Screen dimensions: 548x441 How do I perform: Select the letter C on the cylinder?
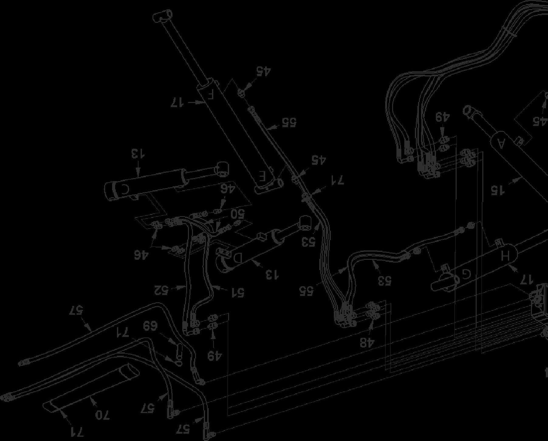(x=125, y=189)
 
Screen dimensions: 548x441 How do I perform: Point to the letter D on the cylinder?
(x=238, y=258)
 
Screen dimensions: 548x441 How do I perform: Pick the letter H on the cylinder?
(x=505, y=256)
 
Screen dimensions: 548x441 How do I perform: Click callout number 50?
(x=237, y=214)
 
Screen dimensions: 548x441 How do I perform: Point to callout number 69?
(x=150, y=327)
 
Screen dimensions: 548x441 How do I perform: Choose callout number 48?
(x=367, y=342)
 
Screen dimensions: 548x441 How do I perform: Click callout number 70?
(x=102, y=415)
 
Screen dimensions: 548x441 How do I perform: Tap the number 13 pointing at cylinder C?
(x=138, y=154)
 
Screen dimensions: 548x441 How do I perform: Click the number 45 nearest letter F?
(x=263, y=71)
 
